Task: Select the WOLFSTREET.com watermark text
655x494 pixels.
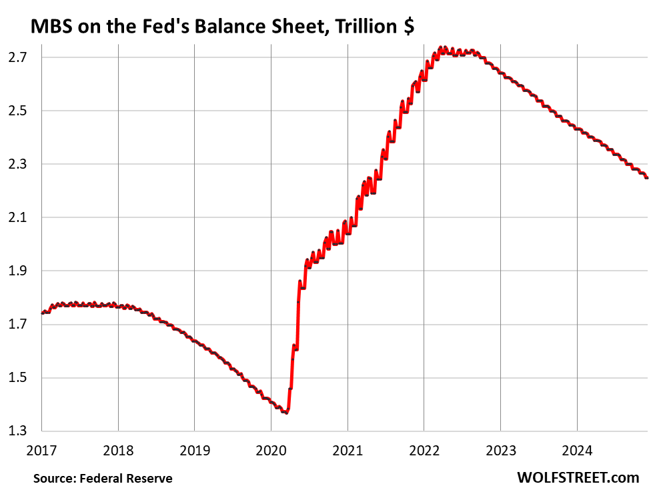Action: coord(578,477)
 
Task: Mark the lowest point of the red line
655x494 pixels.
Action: coord(285,413)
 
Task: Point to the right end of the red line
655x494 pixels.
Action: coord(647,178)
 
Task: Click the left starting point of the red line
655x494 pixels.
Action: coord(42,313)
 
